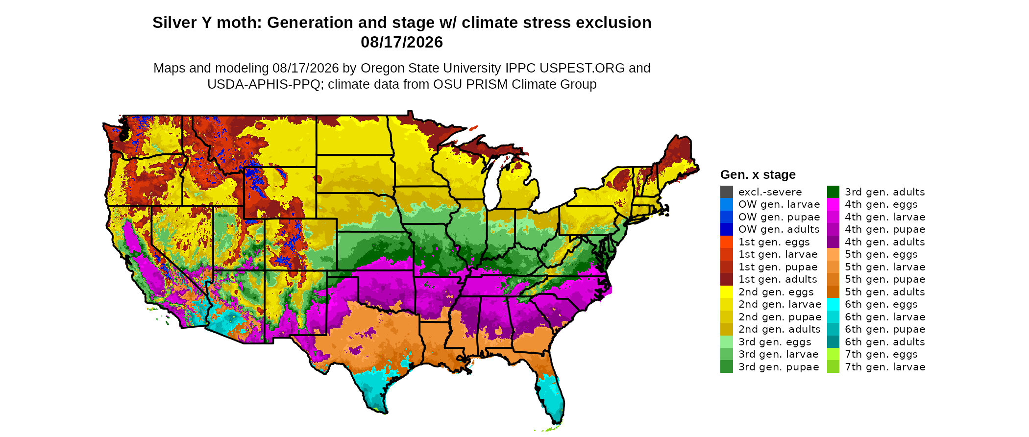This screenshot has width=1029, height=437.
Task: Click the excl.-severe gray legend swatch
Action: point(727,192)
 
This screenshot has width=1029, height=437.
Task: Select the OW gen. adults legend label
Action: point(779,229)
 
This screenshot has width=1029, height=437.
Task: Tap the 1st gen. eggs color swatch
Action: point(727,242)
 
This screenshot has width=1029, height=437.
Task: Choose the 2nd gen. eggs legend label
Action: point(776,292)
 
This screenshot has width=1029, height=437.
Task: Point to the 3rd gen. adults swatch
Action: point(833,192)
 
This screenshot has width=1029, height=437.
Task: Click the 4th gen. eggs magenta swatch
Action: point(833,204)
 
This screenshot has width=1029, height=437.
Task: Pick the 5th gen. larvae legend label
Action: point(885,267)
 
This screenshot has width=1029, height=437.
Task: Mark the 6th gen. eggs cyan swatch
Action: point(833,304)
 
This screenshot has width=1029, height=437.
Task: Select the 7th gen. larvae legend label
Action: point(885,367)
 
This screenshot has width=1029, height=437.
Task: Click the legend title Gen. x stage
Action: point(758,174)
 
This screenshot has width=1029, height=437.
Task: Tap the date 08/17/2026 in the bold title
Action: point(402,42)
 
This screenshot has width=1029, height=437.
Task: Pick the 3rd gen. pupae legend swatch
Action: point(727,367)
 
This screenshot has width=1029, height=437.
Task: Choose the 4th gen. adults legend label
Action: point(885,242)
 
